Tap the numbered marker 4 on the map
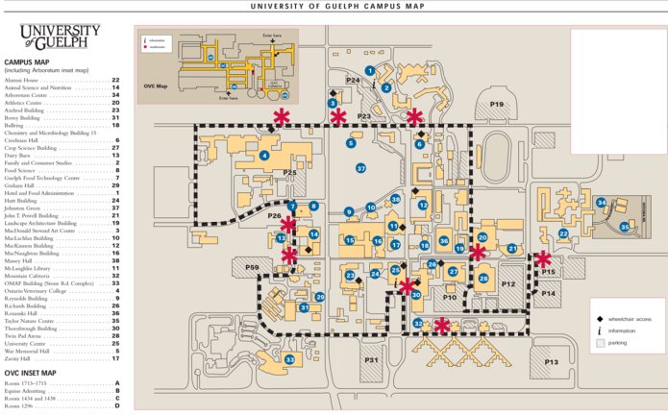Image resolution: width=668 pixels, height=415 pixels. pos(263,156)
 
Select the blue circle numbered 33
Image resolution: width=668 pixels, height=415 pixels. pos(289,360)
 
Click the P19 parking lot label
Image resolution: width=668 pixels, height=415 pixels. pos(497,104)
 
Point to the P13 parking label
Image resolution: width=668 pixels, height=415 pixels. pos(551,362)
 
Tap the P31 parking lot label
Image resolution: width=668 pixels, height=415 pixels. pos(372,360)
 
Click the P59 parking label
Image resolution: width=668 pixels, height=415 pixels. pos(252,267)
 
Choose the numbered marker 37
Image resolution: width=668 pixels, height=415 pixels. pos(360,168)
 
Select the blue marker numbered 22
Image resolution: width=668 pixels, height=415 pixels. pos(564,233)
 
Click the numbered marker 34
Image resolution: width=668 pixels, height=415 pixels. pos(601,203)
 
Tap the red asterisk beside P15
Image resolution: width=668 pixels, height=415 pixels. pos(544,258)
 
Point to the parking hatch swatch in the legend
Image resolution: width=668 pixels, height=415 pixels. pos(599,342)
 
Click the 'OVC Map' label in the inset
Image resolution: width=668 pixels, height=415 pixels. pos(156,85)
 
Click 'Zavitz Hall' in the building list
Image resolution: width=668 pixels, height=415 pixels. pos(21,358)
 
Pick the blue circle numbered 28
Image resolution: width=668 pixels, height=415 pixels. pos(483,279)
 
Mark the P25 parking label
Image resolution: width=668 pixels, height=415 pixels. pos(288,173)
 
